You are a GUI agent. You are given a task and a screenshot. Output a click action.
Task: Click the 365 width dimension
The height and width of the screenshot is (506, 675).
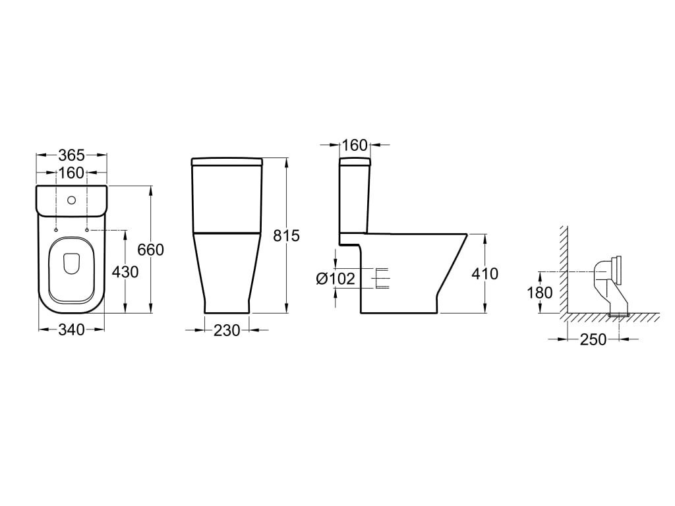(x=71, y=155)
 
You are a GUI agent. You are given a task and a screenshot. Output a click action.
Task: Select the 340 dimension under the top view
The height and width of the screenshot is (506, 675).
(x=71, y=330)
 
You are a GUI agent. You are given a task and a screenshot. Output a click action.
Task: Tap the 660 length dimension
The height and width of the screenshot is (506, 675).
(x=151, y=250)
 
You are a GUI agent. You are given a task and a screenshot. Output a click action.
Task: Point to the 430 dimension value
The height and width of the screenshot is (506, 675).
(x=125, y=272)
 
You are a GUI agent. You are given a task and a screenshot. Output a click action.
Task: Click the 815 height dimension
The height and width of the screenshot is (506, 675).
(x=286, y=236)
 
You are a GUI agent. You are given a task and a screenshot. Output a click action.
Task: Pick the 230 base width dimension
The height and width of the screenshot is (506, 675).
(x=227, y=331)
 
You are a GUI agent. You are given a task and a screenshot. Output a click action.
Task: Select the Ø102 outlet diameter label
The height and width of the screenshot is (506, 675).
(x=336, y=279)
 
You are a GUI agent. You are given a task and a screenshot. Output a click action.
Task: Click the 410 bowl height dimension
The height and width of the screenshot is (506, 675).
(x=484, y=273)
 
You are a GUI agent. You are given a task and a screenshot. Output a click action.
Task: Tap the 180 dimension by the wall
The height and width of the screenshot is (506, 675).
(x=540, y=293)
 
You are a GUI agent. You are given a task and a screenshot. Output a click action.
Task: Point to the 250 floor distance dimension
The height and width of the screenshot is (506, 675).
(x=593, y=339)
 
